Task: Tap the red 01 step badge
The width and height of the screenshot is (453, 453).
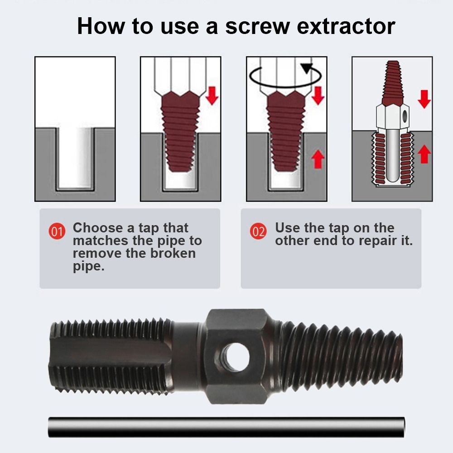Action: click(57, 231)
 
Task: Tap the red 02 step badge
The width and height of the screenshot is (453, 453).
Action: click(259, 231)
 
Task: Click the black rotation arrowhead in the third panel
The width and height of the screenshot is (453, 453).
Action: click(307, 68)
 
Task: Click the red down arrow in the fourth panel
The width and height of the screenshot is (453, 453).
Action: click(424, 99)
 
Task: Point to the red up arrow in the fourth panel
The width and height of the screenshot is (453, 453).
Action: click(424, 154)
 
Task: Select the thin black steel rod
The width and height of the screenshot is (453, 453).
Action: click(226, 427)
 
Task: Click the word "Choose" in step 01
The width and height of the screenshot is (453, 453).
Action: click(98, 228)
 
